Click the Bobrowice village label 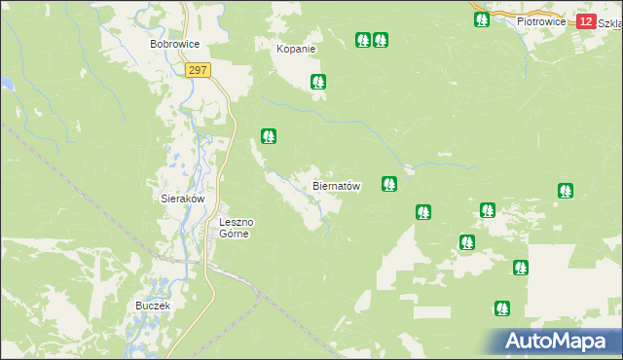pyautogui.click(x=174, y=45)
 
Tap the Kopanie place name pyautogui.click(x=296, y=49)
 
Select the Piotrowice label pyautogui.click(x=541, y=20)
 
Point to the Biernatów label pyautogui.click(x=337, y=186)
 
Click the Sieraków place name pyautogui.click(x=182, y=198)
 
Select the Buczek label pyautogui.click(x=153, y=306)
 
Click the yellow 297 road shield pyautogui.click(x=198, y=70)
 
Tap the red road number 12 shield pyautogui.click(x=585, y=21)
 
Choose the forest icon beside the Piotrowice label pyautogui.click(x=481, y=18)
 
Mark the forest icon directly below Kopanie pyautogui.click(x=317, y=83)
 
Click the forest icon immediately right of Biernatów pyautogui.click(x=389, y=183)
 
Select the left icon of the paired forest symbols pyautogui.click(x=363, y=40)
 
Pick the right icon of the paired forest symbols pyautogui.click(x=381, y=40)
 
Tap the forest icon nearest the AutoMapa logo pyautogui.click(x=501, y=307)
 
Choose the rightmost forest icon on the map pyautogui.click(x=566, y=191)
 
